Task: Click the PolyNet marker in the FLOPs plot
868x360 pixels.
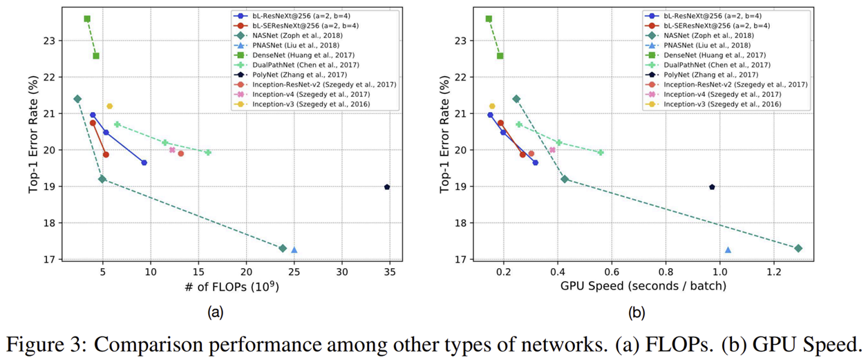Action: [387, 187]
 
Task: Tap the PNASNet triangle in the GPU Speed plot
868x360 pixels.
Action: [728, 250]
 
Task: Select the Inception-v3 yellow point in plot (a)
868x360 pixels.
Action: [110, 106]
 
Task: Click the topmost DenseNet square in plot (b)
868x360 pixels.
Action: [489, 19]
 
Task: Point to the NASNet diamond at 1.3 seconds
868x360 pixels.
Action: [798, 248]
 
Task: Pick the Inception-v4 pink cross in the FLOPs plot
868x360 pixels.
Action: [172, 150]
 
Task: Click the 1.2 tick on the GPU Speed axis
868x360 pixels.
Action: [773, 273]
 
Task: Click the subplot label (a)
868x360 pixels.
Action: [216, 313]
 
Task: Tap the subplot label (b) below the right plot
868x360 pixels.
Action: [636, 313]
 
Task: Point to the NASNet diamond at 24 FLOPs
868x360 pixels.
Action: [282, 248]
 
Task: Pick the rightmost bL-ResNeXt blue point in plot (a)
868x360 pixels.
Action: [144, 162]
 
